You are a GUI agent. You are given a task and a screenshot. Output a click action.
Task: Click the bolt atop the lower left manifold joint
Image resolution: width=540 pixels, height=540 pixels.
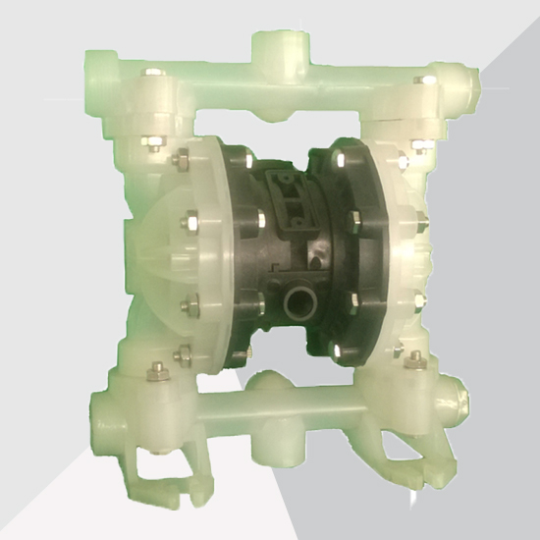153,371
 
